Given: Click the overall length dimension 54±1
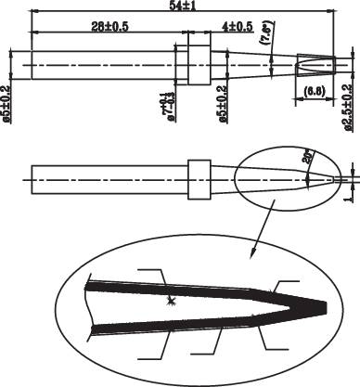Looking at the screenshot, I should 181,6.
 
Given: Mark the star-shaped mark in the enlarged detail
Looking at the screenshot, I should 170,301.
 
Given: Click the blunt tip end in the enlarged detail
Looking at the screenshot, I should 325,307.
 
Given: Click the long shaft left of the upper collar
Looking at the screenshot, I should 102,64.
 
